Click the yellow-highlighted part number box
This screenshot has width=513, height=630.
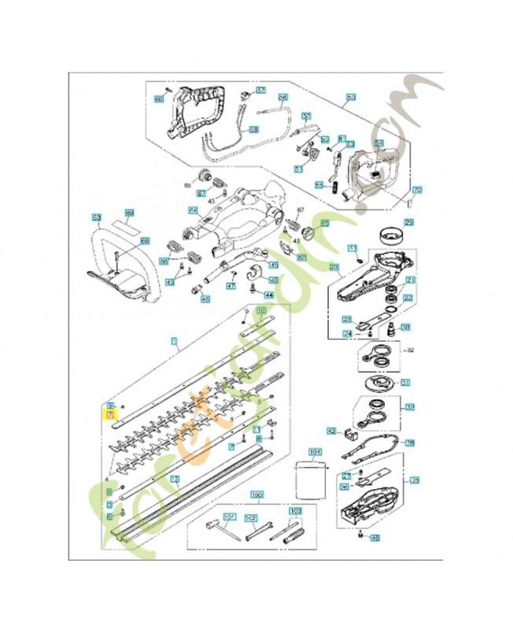tap(111, 414)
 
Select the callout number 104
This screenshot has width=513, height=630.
tap(316, 452)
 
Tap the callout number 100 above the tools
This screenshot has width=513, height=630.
tap(256, 496)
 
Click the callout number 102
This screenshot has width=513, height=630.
tap(252, 517)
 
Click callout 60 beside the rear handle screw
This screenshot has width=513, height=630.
tap(158, 99)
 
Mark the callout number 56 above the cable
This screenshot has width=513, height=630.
tap(283, 98)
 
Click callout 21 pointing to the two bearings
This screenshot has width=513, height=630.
tap(411, 280)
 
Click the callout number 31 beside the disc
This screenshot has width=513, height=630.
tap(406, 383)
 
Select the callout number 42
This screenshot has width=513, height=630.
tap(331, 431)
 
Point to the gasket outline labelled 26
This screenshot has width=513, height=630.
tap(408, 443)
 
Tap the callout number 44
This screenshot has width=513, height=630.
tap(268, 295)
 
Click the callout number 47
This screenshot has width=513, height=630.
tap(231, 287)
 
